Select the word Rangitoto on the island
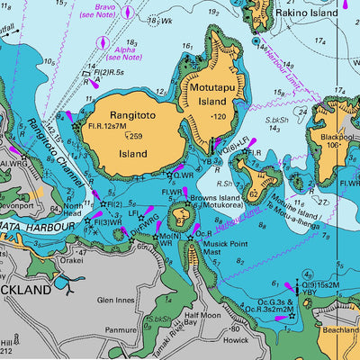pos(133,114)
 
